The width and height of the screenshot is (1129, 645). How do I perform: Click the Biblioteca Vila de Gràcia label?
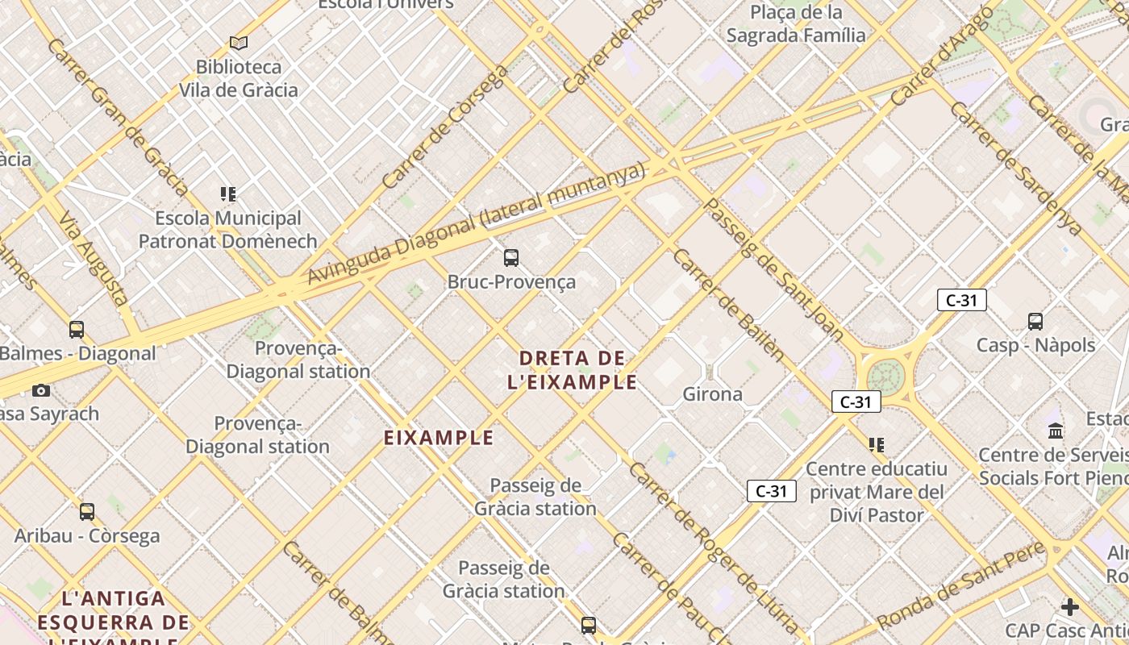[x=239, y=78]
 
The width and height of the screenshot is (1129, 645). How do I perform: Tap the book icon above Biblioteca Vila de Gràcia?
[x=239, y=43]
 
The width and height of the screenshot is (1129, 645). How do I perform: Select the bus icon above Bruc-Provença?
[x=511, y=258]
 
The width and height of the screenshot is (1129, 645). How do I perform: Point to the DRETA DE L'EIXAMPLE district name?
[x=573, y=370]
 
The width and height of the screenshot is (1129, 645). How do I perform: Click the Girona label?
[x=712, y=394]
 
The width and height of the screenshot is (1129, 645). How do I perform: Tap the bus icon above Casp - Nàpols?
[x=1035, y=322]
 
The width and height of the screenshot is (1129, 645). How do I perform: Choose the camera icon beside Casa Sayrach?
[x=41, y=391]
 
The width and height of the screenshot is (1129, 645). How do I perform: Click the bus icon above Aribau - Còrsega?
[x=87, y=512]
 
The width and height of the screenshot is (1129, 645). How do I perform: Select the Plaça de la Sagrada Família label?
[x=796, y=24]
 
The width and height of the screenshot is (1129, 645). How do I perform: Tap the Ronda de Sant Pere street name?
[x=960, y=587]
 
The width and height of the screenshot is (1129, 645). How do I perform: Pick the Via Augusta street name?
[x=94, y=258]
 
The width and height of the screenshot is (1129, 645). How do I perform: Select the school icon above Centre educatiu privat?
[x=877, y=444]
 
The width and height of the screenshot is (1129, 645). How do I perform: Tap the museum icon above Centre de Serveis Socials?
[x=1056, y=431]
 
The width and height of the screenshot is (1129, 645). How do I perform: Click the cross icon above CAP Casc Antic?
[x=1070, y=607]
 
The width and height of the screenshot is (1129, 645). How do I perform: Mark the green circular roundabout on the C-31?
[x=885, y=376]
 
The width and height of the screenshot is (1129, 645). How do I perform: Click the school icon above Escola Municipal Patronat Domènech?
[x=228, y=194]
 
